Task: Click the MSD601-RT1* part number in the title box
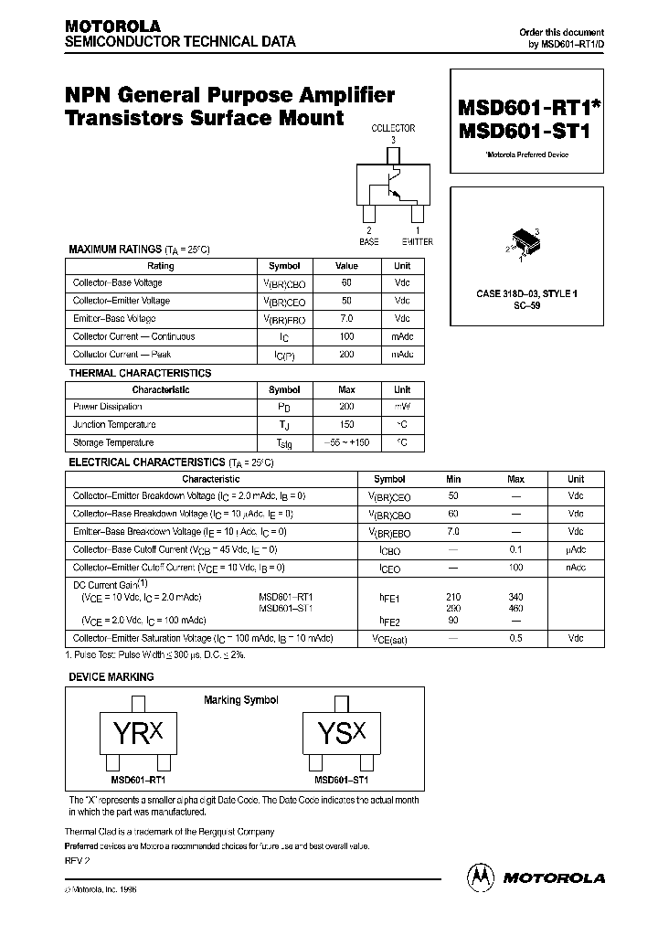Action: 525,107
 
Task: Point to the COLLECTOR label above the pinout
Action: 393,129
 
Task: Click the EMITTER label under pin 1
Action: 417,241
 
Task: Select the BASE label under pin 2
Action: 368,241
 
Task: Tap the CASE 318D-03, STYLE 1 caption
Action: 526,293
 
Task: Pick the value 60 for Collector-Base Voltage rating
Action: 346,283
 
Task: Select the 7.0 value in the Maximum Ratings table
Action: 346,319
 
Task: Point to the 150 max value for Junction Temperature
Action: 346,424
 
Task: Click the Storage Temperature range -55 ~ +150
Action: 346,442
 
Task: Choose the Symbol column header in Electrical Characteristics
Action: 390,479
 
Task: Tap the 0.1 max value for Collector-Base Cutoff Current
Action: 515,550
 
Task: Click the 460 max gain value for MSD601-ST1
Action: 515,607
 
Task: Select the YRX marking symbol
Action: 138,734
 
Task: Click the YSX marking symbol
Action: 341,734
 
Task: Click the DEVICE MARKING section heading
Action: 111,677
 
